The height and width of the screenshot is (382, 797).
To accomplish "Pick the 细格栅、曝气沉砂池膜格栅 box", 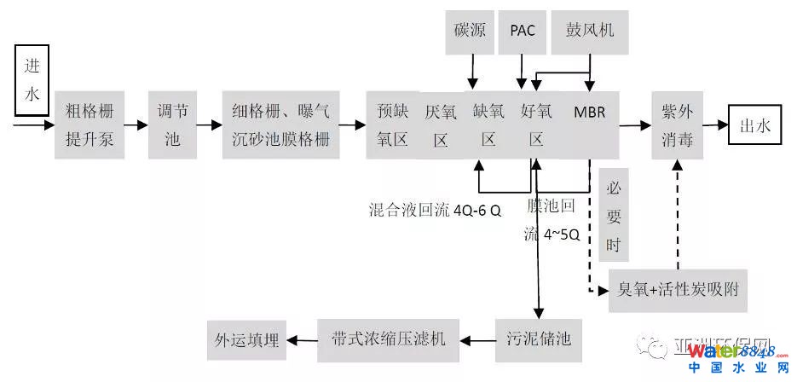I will coord(280,124).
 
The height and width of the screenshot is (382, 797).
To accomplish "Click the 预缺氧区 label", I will coord(392,124).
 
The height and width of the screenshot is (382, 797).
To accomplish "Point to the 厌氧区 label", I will coord(441,125).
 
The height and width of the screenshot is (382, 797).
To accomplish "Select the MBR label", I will coord(589,113).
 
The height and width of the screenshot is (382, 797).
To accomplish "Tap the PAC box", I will coord(523,30).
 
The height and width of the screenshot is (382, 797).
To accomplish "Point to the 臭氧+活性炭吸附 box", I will coord(679,289).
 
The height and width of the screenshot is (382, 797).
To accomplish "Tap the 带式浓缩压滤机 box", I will coord(388,338).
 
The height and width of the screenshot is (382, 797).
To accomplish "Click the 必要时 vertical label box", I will coord(614,217).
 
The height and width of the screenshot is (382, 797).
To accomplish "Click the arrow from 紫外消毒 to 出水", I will coord(719,125).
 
